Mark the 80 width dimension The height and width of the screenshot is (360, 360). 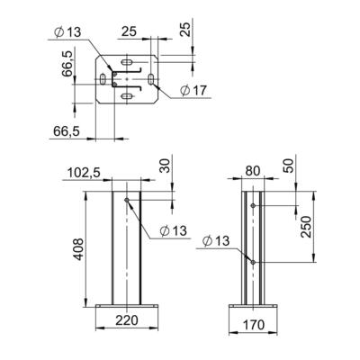click(253, 168)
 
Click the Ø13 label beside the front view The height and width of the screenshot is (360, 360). click(173, 230)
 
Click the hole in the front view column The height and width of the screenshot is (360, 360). click(128, 200)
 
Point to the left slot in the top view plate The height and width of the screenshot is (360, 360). click(105, 80)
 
